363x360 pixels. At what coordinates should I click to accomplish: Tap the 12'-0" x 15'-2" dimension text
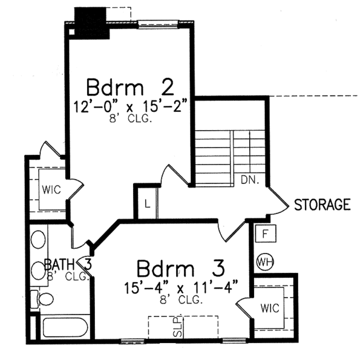point(132,106)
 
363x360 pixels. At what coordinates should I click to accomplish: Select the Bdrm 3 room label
point(180,267)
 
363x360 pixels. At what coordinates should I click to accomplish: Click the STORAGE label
point(322,205)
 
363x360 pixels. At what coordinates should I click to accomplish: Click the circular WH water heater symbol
point(264,261)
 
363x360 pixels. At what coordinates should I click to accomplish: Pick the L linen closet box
point(146,204)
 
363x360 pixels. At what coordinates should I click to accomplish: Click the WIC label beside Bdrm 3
point(270,308)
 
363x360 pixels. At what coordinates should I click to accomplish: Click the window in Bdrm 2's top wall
point(157,24)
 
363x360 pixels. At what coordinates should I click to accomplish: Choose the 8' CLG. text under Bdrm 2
point(132,119)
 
